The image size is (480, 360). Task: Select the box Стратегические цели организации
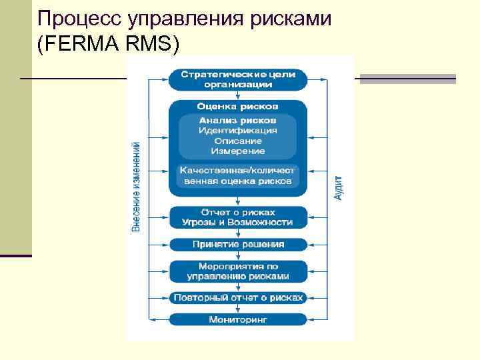click(238, 79)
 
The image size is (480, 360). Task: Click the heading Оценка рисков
click(238, 107)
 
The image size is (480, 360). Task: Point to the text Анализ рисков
click(238, 120)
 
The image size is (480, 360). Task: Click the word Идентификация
click(238, 131)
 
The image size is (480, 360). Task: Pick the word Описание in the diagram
click(238, 141)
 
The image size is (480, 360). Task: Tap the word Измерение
click(238, 151)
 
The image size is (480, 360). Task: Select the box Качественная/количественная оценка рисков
click(238, 175)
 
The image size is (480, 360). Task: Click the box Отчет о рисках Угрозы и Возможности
click(238, 217)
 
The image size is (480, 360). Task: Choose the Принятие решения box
click(238, 244)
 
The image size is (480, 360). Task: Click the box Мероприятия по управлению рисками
click(238, 271)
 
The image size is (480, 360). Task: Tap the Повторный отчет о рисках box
click(238, 297)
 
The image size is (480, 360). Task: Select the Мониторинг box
click(238, 319)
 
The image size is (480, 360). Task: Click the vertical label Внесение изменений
click(136, 186)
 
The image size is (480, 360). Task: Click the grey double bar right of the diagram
click(407, 79)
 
